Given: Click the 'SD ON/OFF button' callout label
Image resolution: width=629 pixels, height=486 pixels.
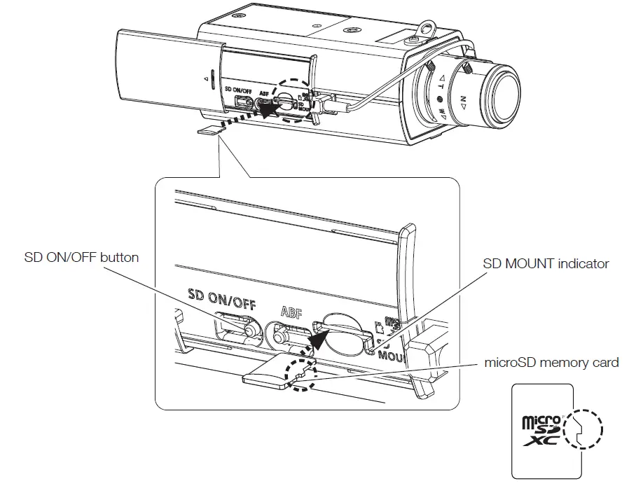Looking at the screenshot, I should coord(82,257).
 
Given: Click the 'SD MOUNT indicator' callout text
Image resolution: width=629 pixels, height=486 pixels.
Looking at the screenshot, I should coord(546,264).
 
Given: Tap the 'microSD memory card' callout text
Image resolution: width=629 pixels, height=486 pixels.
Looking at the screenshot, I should coord(552,362).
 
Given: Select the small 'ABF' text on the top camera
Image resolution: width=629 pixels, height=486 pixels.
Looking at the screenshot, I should coord(263,92).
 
